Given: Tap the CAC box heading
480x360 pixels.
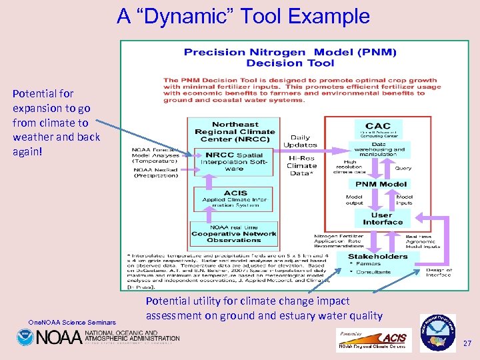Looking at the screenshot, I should pos(377,126).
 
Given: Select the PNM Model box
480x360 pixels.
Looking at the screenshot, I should pos(381,184).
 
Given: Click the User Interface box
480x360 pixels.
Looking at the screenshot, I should pos(382,219).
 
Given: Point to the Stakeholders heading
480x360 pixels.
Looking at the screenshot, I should pos(377,256).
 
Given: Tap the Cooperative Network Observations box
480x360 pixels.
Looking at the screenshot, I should pos(233,234).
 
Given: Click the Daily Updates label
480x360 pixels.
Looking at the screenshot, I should pos(300,141).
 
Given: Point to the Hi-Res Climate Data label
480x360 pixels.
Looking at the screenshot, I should pos(301,165).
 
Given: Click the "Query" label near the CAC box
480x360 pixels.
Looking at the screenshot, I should pos(403,168).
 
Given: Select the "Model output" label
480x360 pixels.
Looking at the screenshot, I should pos(354,200).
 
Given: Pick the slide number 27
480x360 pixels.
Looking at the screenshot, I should pos(467,343).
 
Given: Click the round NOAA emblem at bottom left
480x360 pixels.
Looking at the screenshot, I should pos(25,337).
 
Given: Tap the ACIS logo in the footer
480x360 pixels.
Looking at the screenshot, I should pos(394,338).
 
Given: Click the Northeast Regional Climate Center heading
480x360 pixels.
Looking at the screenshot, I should pos(234,132).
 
